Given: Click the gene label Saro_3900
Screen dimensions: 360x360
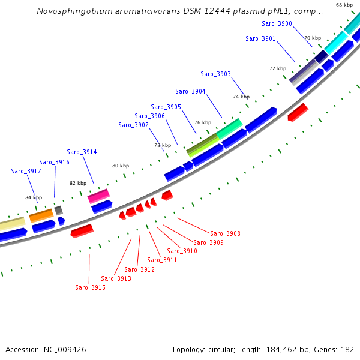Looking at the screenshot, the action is click(277, 23).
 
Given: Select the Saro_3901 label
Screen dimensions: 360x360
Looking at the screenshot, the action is click(260, 38).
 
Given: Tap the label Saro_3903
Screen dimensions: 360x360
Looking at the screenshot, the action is click(215, 74).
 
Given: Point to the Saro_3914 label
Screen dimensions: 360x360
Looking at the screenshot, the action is click(82, 152).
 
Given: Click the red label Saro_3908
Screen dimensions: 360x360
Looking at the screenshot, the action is click(225, 233).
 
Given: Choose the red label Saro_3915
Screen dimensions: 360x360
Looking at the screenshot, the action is click(90, 287).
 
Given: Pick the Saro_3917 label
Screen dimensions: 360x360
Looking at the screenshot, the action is click(26, 171).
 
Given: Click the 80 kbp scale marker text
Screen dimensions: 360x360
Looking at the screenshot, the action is click(121, 166).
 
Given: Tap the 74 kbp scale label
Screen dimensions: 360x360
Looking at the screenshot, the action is click(241, 97).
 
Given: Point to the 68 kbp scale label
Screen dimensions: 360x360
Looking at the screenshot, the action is click(344, 5).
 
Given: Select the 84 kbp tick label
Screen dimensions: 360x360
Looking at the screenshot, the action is click(34, 197).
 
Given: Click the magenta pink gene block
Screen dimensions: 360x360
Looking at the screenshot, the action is click(98, 196).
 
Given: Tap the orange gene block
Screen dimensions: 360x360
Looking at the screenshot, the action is click(41, 215).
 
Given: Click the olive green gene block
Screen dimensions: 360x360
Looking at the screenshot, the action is click(202, 145).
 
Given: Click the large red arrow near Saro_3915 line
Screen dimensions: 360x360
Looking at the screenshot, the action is click(82, 230).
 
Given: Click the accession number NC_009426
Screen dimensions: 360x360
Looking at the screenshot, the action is click(64, 349).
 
